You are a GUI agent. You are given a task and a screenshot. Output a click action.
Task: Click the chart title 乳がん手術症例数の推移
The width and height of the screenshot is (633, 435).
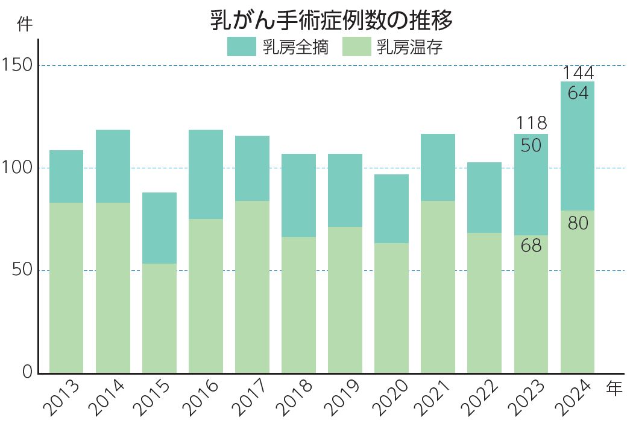331,21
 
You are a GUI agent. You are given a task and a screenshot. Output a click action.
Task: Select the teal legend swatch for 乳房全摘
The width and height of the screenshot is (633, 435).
241,46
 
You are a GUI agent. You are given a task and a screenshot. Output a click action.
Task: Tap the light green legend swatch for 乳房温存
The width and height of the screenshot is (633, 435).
356,46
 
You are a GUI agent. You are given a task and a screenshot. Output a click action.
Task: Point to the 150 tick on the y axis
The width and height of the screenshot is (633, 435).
17,65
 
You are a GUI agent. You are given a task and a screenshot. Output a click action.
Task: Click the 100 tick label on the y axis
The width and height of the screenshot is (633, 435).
17,168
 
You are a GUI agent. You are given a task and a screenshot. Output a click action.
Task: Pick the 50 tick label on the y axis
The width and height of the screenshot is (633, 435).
22,270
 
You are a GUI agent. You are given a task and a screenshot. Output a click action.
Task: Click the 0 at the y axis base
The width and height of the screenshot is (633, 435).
27,372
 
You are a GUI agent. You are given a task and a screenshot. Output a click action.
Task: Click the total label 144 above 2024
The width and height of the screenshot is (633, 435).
578,73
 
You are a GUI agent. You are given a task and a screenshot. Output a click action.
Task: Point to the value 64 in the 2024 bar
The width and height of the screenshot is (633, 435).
578,94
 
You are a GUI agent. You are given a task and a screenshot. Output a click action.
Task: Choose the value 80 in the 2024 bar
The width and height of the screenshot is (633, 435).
578,223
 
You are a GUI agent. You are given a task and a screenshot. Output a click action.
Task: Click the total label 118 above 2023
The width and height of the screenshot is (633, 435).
531,124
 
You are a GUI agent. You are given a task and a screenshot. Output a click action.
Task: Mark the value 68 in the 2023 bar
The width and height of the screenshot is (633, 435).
531,246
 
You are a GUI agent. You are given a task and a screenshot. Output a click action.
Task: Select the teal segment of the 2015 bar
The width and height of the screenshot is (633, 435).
159,228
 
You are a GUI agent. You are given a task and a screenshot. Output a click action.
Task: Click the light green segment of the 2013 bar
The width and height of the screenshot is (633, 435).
66,288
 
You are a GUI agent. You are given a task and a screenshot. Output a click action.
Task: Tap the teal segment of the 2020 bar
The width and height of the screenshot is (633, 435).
391,209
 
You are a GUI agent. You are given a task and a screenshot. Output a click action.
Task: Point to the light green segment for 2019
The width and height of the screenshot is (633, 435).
345,300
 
